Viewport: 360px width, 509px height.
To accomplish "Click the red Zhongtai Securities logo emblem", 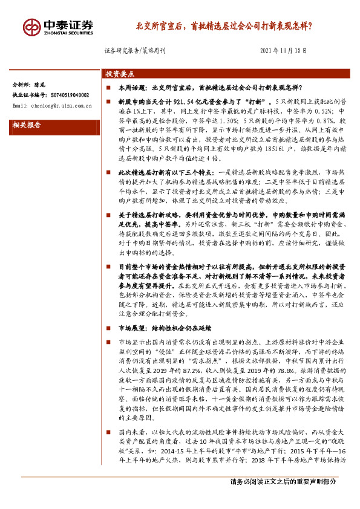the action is tap(31, 27).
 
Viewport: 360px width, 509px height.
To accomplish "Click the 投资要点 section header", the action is tap(120, 74).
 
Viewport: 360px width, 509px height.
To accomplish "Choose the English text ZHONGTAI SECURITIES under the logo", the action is tap(69, 33).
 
